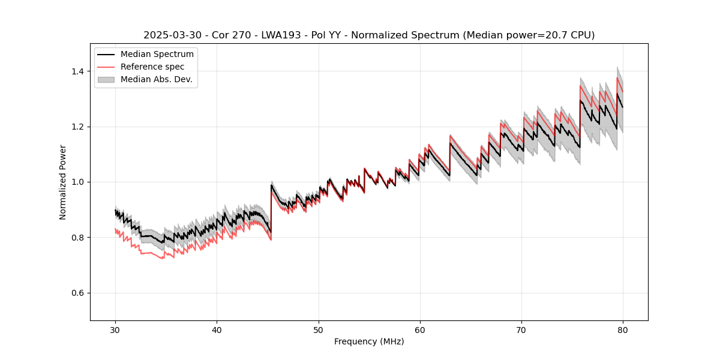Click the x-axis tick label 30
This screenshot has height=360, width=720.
pos(115,330)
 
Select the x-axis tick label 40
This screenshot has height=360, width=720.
pos(217,330)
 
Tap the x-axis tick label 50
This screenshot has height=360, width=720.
pos(318,330)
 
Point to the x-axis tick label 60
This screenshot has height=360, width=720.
pos(419,330)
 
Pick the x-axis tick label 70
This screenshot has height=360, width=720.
pos(521,330)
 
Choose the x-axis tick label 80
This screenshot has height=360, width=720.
pos(622,330)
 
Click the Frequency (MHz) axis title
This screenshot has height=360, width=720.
pos(369,342)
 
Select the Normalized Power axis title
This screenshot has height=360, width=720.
pos(63,182)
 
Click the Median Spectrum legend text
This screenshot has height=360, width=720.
pos(157,55)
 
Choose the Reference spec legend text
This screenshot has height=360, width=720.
pos(152,67)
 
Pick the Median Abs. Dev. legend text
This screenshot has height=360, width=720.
pos(156,79)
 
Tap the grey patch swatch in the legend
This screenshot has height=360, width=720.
pos(107,79)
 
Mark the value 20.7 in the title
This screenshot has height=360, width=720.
pos(554,35)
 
